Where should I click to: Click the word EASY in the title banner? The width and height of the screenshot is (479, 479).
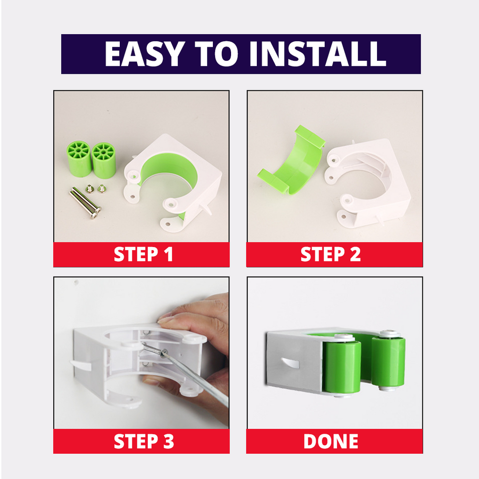pyautogui.click(x=145, y=54)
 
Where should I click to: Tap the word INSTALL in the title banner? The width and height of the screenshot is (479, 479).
pyautogui.click(x=318, y=54)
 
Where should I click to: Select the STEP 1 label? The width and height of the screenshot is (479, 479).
pyautogui.click(x=143, y=254)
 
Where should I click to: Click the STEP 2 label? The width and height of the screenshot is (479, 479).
pyautogui.click(x=331, y=254)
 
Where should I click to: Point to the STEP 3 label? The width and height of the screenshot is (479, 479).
pyautogui.click(x=144, y=441)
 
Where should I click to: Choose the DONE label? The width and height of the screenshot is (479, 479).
pyautogui.click(x=331, y=441)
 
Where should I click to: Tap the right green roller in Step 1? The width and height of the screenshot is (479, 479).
pyautogui.click(x=104, y=160)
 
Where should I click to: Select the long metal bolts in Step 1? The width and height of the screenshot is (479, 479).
pyautogui.click(x=86, y=203)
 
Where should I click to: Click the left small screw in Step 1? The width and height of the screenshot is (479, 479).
pyautogui.click(x=89, y=189)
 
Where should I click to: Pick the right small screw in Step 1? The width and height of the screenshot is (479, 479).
pyautogui.click(x=102, y=189)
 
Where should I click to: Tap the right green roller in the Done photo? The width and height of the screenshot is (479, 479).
pyautogui.click(x=388, y=361)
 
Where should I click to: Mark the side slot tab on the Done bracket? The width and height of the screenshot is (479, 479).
pyautogui.click(x=290, y=363)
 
